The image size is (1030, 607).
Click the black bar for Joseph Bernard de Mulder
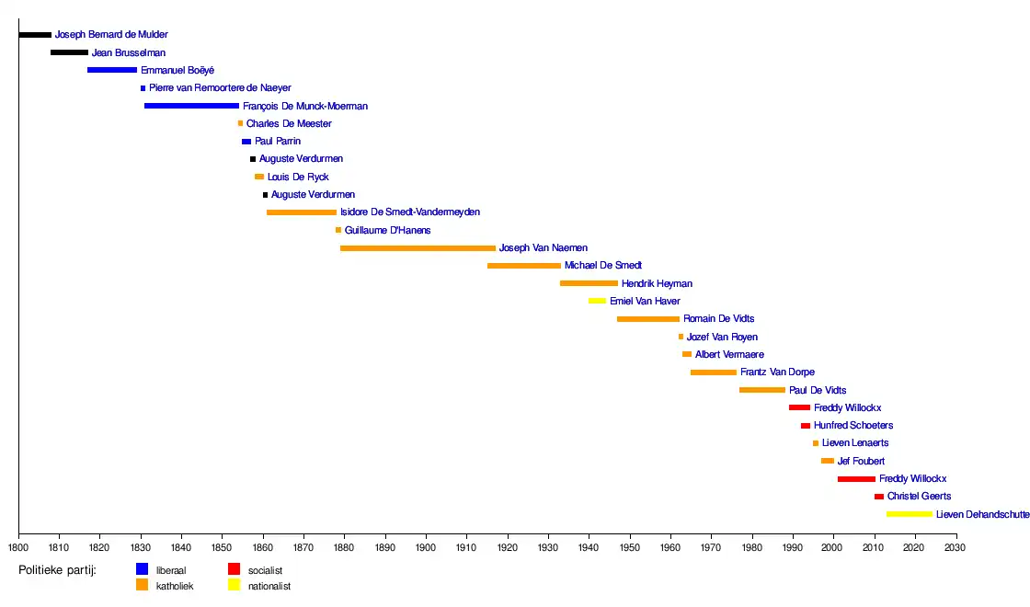point(35,35)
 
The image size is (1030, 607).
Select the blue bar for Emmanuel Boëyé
point(112,70)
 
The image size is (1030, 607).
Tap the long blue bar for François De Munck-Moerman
point(191,106)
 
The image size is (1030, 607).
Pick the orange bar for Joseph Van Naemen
point(418,248)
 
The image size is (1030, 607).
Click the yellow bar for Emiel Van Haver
point(598,301)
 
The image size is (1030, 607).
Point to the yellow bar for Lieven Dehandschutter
point(910,514)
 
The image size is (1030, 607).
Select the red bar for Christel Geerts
point(879,497)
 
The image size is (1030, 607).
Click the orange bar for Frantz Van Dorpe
point(714,372)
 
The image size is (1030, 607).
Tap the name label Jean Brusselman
point(129,53)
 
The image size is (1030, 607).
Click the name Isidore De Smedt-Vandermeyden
point(410,212)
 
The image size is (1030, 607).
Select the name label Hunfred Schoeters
point(853,426)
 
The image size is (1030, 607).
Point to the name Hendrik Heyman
point(657,284)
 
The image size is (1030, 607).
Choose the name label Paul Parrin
point(278,142)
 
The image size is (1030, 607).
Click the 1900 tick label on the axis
point(426,548)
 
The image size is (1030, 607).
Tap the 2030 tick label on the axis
point(957,548)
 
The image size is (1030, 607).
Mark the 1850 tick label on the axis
point(223,548)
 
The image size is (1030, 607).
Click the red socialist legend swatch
point(234,569)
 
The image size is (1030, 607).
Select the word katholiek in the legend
point(175,586)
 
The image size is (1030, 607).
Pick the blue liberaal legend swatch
point(142,569)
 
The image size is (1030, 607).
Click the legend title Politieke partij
point(57,570)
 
